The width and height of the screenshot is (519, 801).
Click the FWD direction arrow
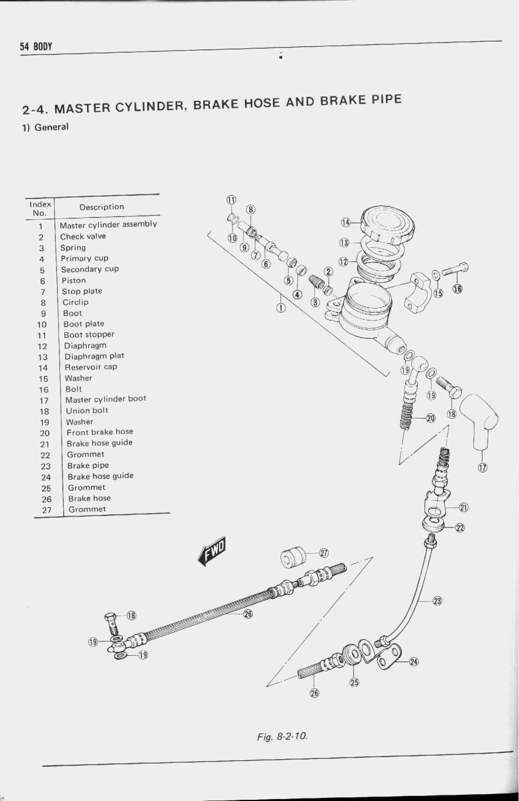(212, 551)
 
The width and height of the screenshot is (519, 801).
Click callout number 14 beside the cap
(346, 222)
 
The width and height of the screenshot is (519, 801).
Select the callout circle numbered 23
(438, 601)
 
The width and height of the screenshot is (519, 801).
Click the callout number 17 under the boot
(483, 467)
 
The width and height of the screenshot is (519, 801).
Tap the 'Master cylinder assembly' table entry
(108, 225)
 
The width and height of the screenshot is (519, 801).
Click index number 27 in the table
(46, 510)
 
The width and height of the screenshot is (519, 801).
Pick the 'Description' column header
(102, 207)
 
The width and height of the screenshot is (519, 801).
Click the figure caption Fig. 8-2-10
(282, 736)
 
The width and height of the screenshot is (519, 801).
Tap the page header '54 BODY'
(36, 47)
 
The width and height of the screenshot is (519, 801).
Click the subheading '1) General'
(46, 127)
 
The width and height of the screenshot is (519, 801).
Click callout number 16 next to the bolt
(458, 288)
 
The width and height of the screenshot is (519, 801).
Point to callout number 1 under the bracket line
(281, 307)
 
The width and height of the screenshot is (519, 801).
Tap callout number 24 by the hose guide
(413, 662)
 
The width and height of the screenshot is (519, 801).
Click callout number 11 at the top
(231, 200)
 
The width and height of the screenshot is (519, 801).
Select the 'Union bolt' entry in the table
(87, 411)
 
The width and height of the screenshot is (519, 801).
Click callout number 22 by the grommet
(460, 528)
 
